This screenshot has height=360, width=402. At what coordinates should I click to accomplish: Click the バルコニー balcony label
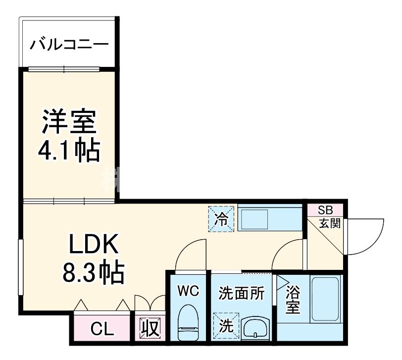click(x=69, y=45)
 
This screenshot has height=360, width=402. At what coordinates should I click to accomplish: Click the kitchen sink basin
click(x=253, y=218)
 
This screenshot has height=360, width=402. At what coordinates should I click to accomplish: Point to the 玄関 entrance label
click(x=329, y=223)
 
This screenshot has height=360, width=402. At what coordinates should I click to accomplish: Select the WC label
click(x=188, y=291)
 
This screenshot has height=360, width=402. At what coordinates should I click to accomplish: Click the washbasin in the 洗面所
click(x=255, y=328)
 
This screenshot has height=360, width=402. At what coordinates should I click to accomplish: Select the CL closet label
click(x=102, y=328)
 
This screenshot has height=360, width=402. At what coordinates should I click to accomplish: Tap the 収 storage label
click(x=149, y=328)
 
